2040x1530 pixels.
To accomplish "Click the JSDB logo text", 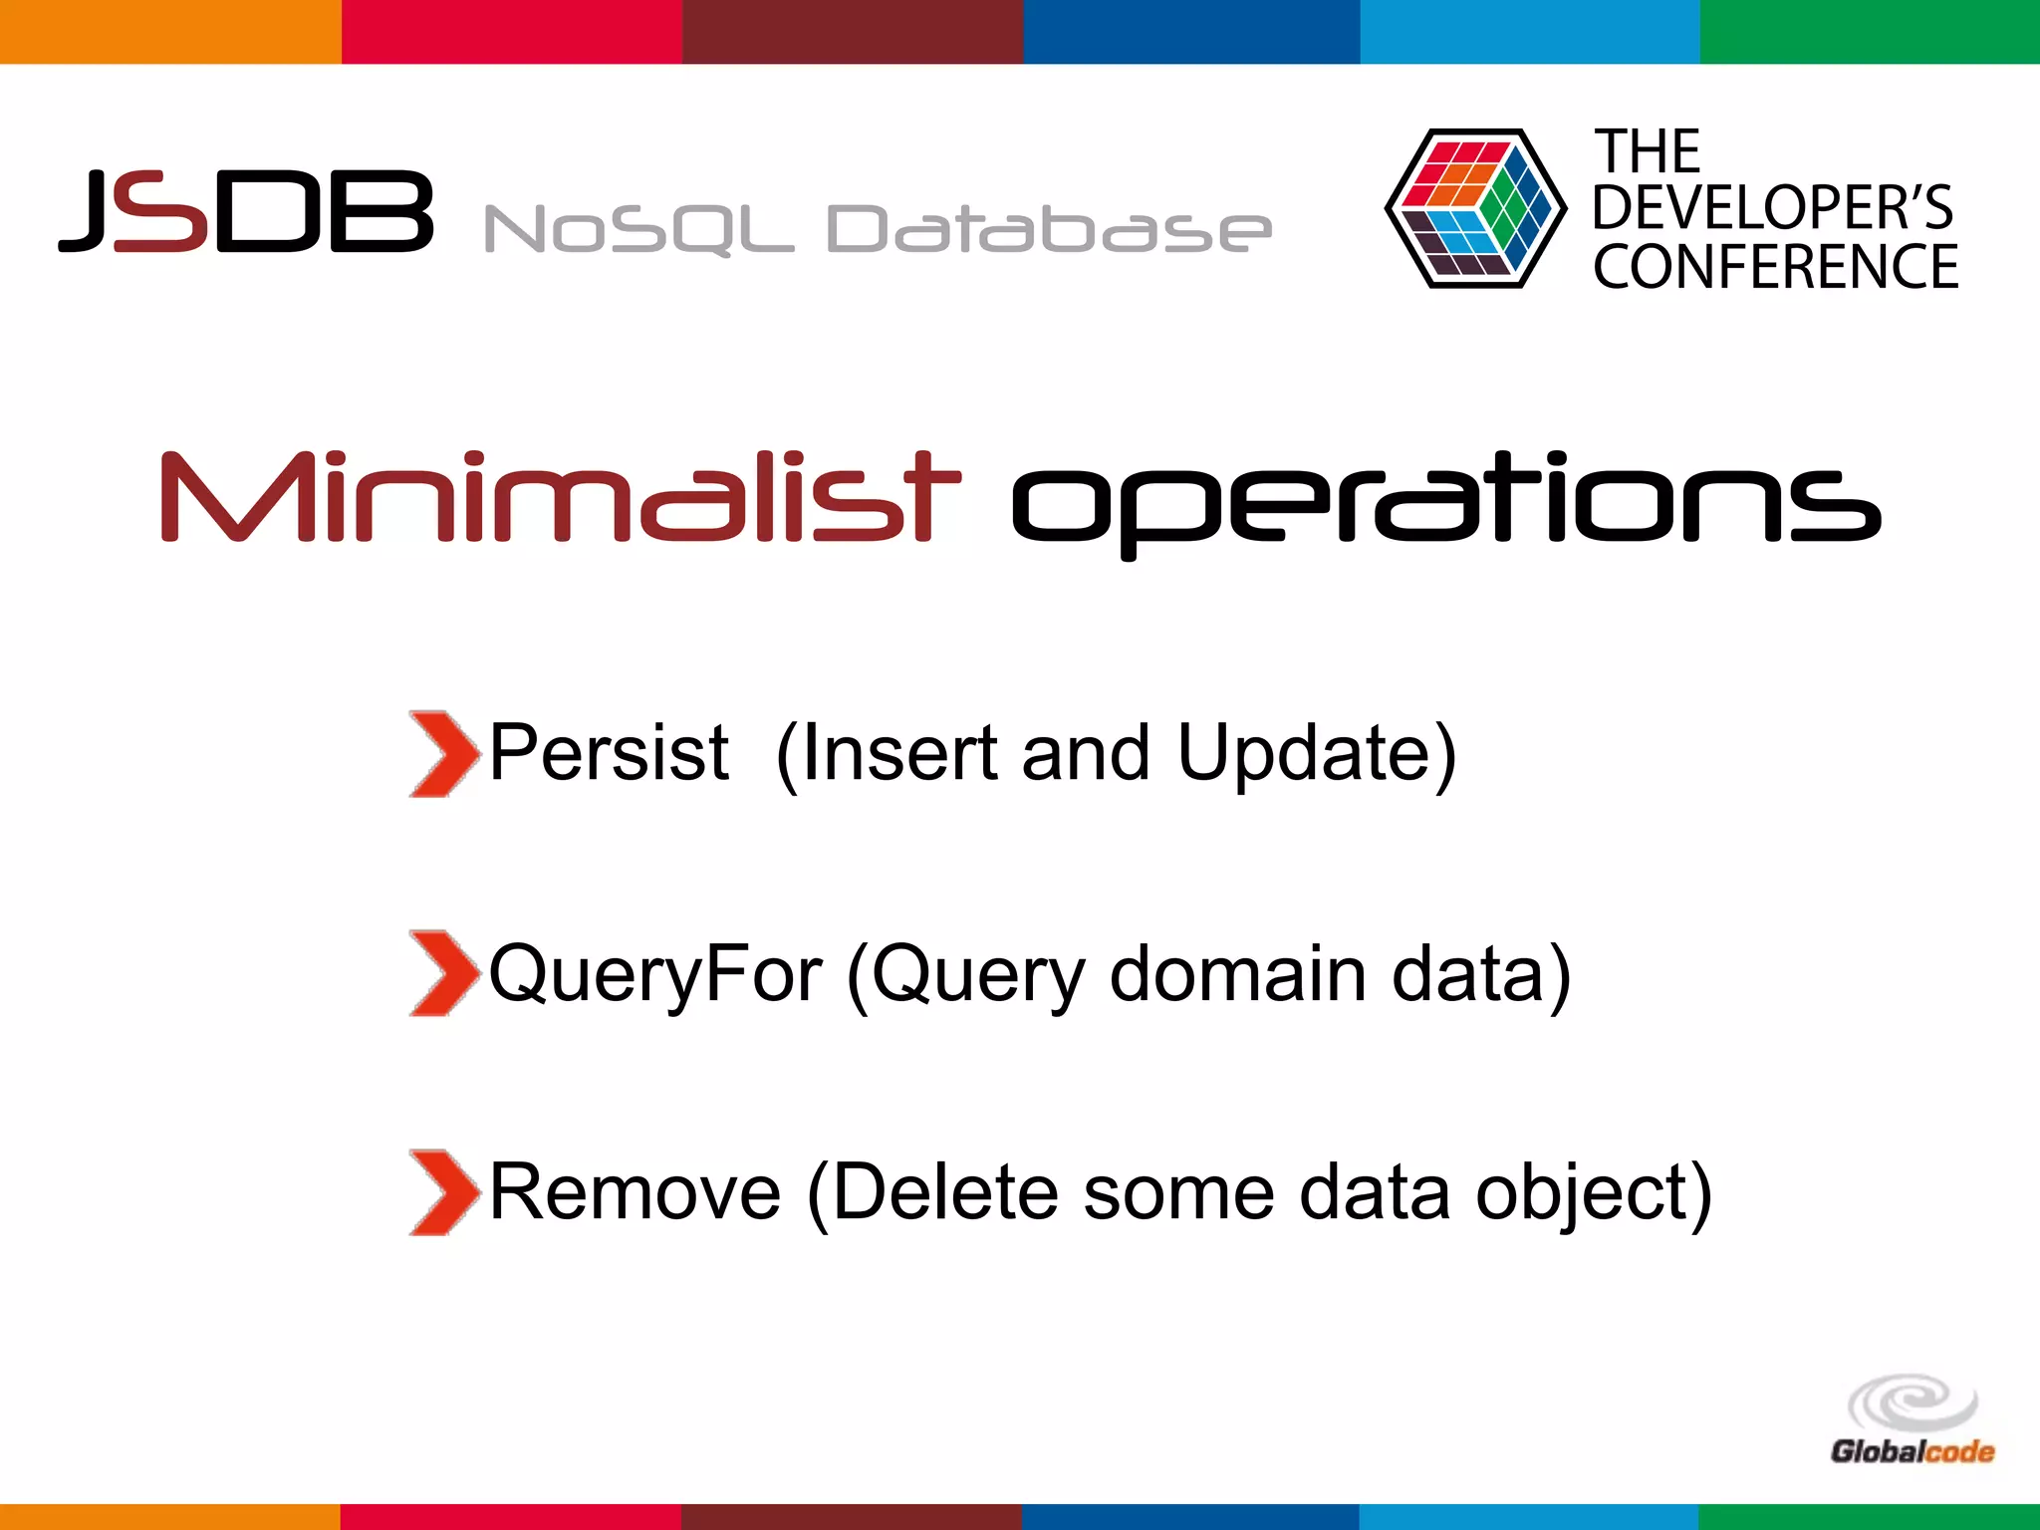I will pos(246,210).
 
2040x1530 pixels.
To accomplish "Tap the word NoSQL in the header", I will pos(637,228).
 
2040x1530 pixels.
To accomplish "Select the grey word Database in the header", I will pos(1048,228).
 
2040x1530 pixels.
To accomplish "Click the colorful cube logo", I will pos(1475,208).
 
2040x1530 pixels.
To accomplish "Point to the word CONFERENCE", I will pos(1775,267).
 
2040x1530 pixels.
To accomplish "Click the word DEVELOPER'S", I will pos(1772,207).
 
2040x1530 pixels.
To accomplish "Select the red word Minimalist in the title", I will pos(561,497).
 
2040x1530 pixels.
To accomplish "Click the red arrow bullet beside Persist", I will pos(441,753).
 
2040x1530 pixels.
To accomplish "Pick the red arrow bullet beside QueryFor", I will pos(441,973).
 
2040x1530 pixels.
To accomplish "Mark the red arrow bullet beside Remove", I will pos(441,1192).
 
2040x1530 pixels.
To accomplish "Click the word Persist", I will pos(609,753).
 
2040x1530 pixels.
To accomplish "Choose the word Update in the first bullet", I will pos(1307,755).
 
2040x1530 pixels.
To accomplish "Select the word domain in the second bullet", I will pos(1237,973).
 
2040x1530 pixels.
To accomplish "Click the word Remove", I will pos(635,1192).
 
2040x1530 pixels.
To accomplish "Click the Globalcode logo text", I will pos(1912,1451).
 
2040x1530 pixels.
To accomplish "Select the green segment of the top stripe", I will pos(1870,31).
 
